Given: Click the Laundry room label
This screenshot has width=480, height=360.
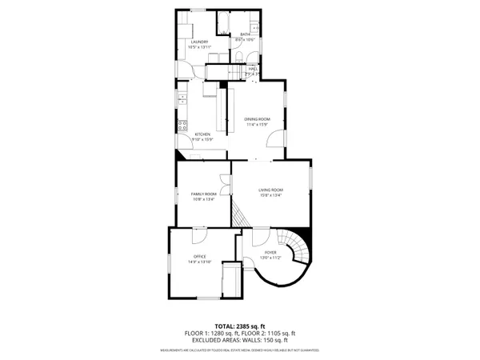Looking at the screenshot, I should (x=199, y=42).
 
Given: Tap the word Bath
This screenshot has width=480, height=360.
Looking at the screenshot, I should (x=245, y=34).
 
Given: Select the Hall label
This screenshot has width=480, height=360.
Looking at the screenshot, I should (x=253, y=70).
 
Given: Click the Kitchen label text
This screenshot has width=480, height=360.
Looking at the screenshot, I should (x=202, y=134).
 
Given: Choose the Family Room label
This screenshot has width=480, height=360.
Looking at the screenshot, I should (x=204, y=194).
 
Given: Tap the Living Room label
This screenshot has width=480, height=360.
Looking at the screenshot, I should (x=270, y=190).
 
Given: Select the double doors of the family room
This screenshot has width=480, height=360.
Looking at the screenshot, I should (x=224, y=181).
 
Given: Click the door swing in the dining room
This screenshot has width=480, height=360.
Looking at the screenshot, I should (x=275, y=137).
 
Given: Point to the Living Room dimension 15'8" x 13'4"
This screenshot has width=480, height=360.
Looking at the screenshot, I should (x=270, y=195).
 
